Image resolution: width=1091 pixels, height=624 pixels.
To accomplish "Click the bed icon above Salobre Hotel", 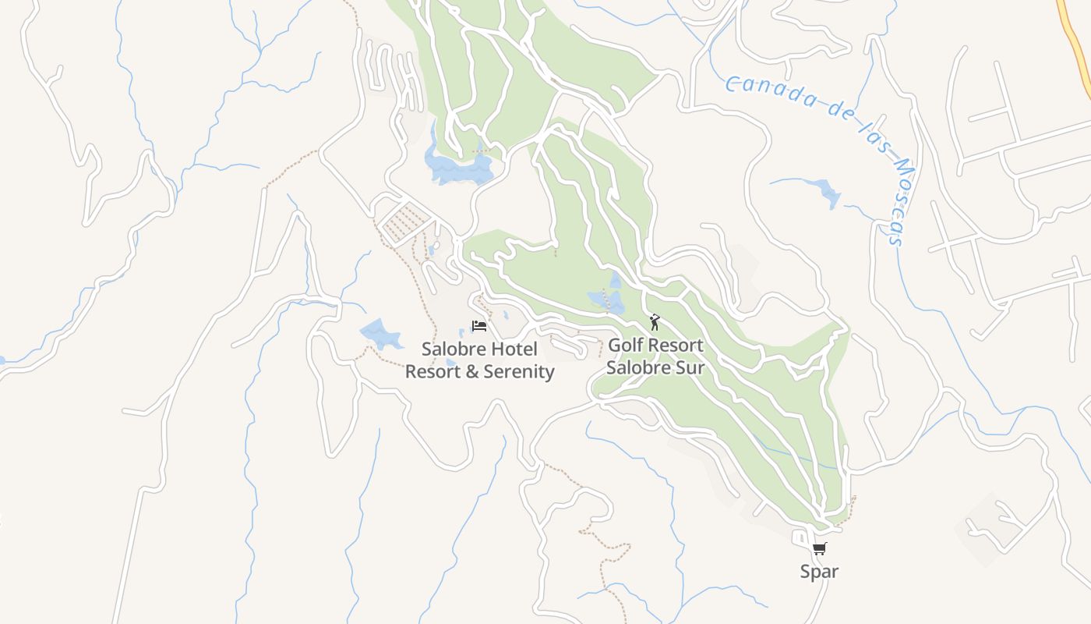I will click(479, 326).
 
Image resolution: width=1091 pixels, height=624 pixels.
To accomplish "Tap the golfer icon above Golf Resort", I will click(655, 321).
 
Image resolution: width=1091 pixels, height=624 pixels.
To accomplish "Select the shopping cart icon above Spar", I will click(819, 549).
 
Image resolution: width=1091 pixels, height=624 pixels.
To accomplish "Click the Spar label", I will click(819, 572).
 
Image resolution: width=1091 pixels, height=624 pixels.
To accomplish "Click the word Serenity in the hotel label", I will click(519, 371).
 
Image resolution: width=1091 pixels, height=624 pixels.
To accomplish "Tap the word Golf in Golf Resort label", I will click(627, 345).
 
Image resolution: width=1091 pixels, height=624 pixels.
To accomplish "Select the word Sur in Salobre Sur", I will click(690, 367).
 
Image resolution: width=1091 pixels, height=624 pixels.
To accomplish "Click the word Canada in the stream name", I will click(763, 90).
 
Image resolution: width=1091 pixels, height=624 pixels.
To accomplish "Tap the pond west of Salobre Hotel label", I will click(381, 335).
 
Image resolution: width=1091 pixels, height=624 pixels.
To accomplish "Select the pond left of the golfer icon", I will click(607, 300).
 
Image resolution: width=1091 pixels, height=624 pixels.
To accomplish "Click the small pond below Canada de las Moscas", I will click(824, 192).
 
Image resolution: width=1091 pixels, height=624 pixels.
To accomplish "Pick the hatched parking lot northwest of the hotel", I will click(404, 221).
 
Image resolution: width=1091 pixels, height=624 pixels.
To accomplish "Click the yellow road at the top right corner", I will click(1076, 39).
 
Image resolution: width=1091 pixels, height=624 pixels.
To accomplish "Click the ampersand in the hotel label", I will click(471, 371).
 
